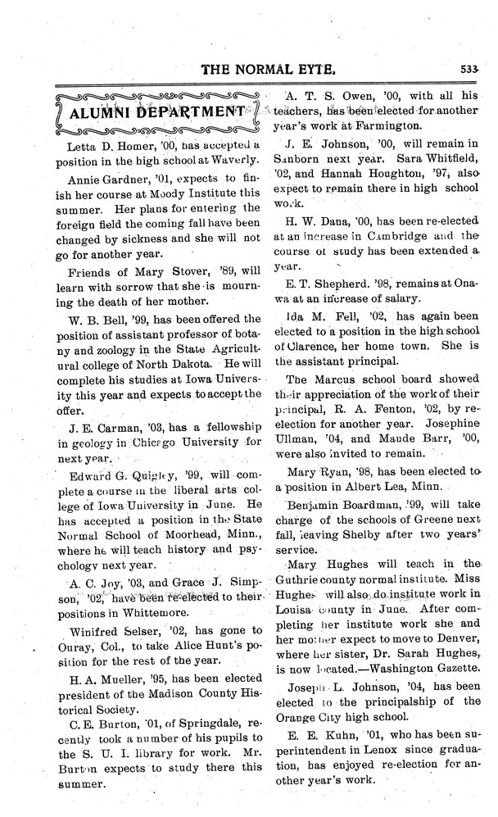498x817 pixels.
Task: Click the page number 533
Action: tap(469, 69)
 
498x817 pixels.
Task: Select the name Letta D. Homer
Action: tap(99, 145)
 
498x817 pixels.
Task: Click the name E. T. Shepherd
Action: tap(330, 284)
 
